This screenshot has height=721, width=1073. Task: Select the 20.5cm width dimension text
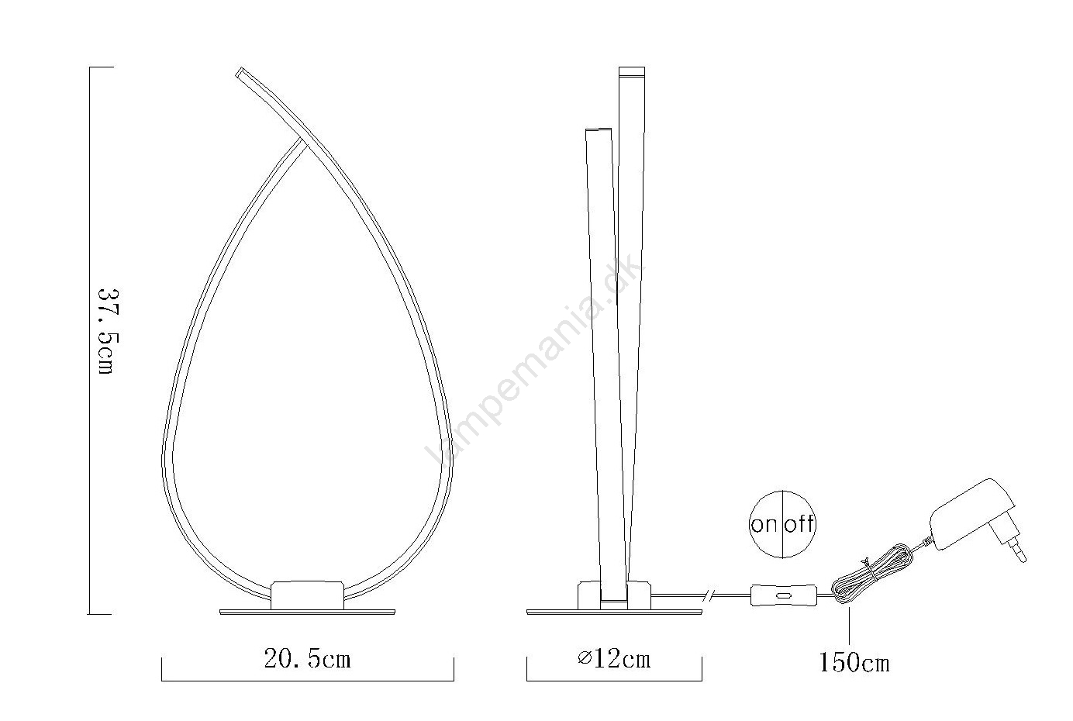[308, 660]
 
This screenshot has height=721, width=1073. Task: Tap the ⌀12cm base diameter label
[614, 660]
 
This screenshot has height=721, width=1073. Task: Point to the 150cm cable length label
[854, 664]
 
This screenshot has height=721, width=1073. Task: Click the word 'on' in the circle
[764, 525]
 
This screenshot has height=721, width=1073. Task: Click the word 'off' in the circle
[799, 523]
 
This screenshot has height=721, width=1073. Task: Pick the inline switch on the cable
[783, 595]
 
